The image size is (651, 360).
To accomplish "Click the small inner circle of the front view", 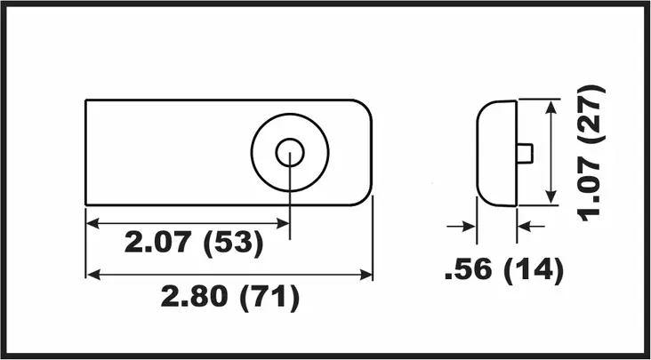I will (x=290, y=152).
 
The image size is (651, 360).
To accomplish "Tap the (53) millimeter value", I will (x=234, y=244).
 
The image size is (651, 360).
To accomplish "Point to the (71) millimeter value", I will (x=269, y=297).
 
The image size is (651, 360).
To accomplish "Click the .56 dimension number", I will (x=468, y=271).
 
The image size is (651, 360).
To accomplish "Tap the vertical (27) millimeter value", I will (x=591, y=114).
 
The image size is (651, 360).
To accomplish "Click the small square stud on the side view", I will (x=525, y=153).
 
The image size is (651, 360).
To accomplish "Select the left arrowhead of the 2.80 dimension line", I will (x=92, y=275).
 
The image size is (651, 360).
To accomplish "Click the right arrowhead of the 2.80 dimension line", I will (x=366, y=275).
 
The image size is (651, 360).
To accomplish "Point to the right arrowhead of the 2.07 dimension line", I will (x=285, y=222).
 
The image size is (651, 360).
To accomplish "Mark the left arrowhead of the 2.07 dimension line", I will (x=92, y=222).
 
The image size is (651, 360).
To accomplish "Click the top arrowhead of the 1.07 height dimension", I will (x=553, y=106).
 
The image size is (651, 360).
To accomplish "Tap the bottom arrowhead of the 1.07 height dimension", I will (x=553, y=199).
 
